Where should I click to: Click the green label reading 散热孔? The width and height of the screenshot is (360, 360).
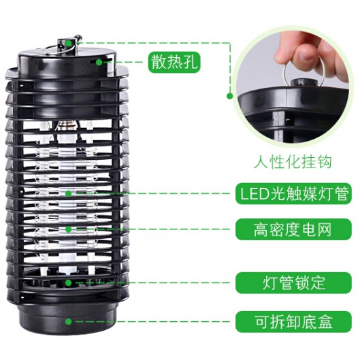click(x=176, y=63)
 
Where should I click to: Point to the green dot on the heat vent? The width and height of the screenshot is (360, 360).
click(x=99, y=63)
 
